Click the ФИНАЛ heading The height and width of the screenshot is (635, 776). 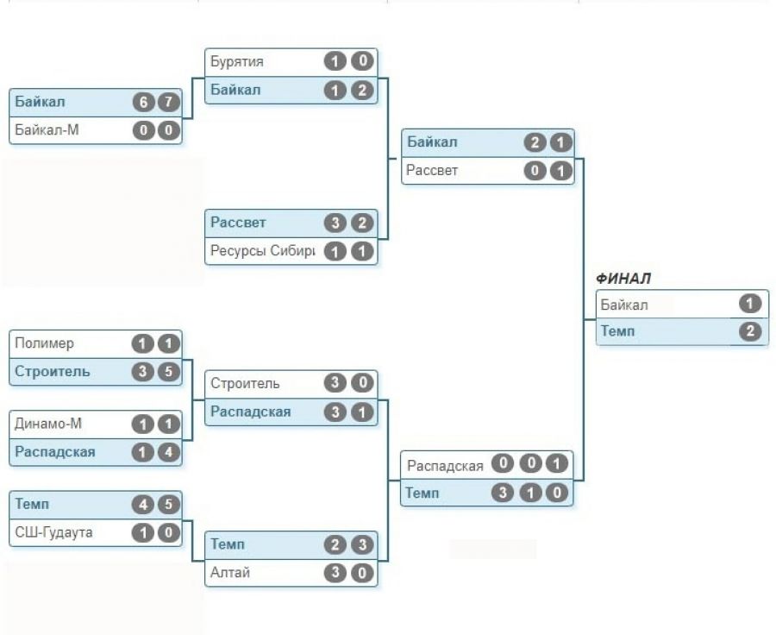[x=623, y=279]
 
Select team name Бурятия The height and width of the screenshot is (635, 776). [x=237, y=62]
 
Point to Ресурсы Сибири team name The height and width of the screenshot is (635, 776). [x=262, y=251]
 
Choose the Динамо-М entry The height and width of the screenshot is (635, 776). [x=47, y=424]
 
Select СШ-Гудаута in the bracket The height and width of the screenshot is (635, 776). [x=54, y=532]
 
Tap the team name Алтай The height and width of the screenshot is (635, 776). [x=230, y=572]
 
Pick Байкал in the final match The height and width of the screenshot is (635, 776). [x=624, y=305]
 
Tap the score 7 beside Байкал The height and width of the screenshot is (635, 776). [x=169, y=103]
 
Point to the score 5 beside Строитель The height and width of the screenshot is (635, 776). [x=169, y=371]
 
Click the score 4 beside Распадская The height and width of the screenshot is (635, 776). [x=169, y=451]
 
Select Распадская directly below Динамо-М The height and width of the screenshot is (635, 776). [x=55, y=451]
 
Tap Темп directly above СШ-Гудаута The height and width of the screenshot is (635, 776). [x=33, y=505]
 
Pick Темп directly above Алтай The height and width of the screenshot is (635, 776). [x=228, y=544]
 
